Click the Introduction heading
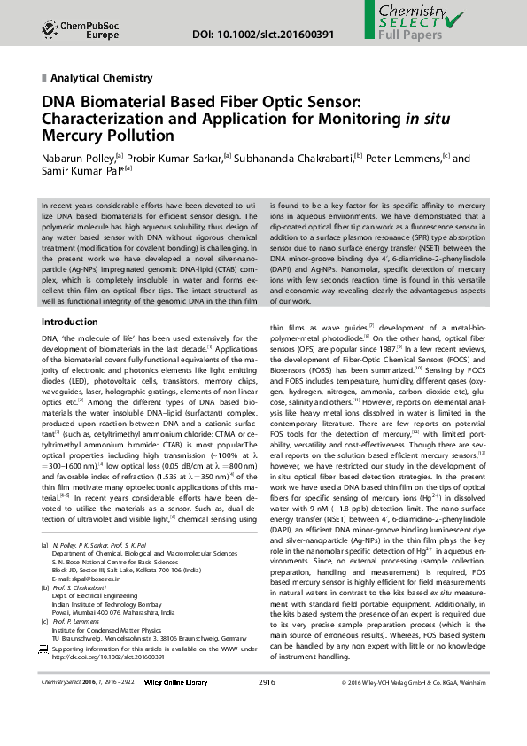click(x=70, y=322)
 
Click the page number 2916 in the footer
click(x=267, y=707)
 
